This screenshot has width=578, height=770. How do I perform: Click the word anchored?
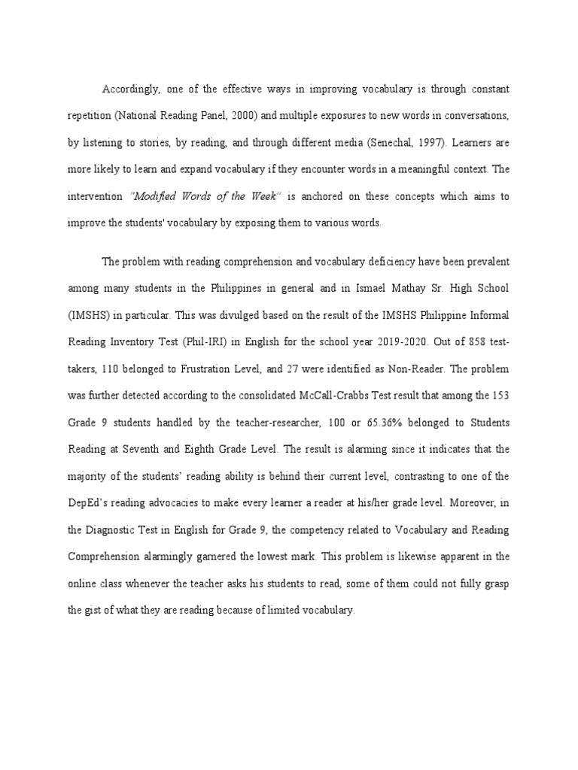point(324,196)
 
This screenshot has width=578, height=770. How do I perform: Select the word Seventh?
point(162,450)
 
